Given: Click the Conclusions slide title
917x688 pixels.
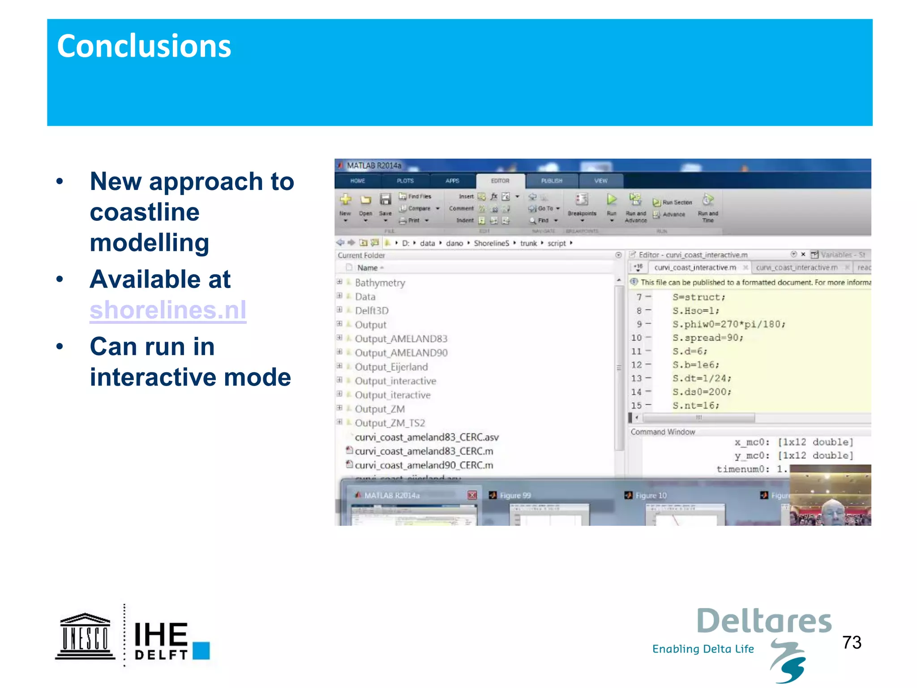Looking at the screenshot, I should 144,46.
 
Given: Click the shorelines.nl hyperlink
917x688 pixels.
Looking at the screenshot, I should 168,310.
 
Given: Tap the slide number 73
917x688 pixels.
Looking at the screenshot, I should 852,642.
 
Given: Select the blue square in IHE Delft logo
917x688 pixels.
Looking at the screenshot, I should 201,650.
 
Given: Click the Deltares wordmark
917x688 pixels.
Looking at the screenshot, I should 764,622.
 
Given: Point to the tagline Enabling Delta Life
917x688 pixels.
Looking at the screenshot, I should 703,649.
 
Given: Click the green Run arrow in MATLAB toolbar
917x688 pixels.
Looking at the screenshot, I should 612,199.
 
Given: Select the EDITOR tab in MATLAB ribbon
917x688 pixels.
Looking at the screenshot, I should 500,181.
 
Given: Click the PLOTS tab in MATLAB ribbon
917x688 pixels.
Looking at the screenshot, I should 405,181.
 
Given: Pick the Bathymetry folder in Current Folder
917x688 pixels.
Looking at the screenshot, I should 380,283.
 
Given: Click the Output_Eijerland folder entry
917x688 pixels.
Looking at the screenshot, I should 391,367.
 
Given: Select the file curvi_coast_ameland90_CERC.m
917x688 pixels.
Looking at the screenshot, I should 424,465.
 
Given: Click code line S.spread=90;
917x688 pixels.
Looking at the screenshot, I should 707,338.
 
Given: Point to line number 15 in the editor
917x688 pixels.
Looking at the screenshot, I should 636,405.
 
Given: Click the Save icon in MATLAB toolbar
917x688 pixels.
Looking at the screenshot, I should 385,200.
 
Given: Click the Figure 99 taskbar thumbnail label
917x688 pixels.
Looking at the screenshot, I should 515,495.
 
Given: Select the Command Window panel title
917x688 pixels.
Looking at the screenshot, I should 663,432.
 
